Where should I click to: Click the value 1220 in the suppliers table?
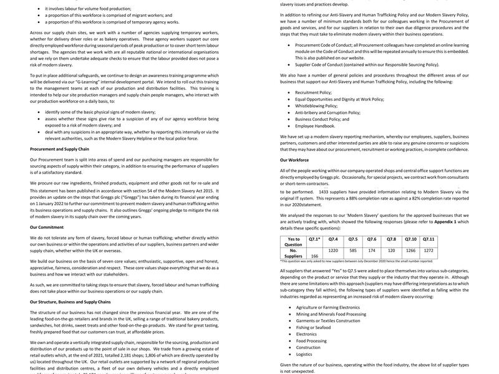(333, 250)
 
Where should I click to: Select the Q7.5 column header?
(353, 239)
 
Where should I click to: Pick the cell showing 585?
(353, 250)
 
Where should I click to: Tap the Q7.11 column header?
(429, 239)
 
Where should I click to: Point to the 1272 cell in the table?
(429, 250)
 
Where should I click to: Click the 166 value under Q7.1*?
(314, 256)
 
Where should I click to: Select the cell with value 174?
(372, 250)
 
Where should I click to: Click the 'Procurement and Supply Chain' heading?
(59, 149)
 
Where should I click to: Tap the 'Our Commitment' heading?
(47, 227)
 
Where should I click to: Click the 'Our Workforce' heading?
(294, 160)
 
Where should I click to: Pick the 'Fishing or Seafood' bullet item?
(313, 327)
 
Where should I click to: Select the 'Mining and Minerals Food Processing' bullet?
(331, 314)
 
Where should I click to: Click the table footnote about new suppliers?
(356, 261)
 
